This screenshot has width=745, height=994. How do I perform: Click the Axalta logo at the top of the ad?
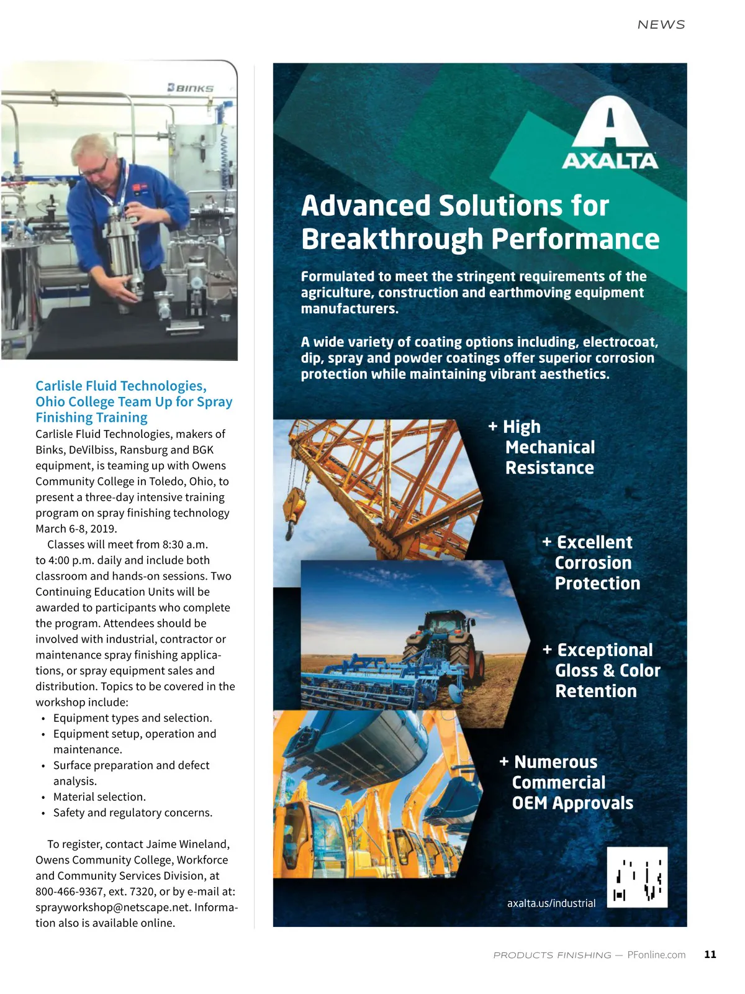(x=610, y=132)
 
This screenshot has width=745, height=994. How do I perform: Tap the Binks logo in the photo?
(x=190, y=88)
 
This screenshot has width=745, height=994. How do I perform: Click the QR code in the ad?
(x=637, y=877)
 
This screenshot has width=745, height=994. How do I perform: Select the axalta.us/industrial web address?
(x=551, y=903)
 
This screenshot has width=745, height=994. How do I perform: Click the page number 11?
(x=710, y=954)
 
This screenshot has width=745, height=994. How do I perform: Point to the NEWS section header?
(x=661, y=24)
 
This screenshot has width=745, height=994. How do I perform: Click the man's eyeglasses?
(x=94, y=169)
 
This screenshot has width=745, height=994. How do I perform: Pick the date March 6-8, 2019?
(x=76, y=529)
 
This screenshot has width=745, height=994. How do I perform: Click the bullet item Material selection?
(x=99, y=796)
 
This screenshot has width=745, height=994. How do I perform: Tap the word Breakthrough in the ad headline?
(x=392, y=239)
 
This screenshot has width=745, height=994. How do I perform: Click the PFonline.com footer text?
(x=656, y=955)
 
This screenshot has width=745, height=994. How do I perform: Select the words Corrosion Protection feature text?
(x=597, y=573)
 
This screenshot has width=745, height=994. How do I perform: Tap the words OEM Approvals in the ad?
(x=572, y=803)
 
